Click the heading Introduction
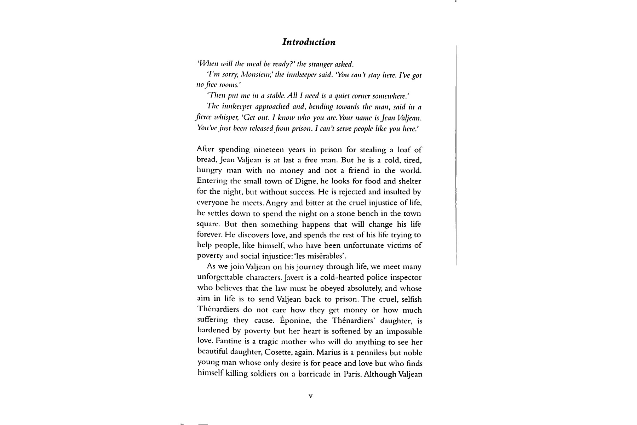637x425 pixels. (309, 42)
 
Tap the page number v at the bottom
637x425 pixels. (310, 396)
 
